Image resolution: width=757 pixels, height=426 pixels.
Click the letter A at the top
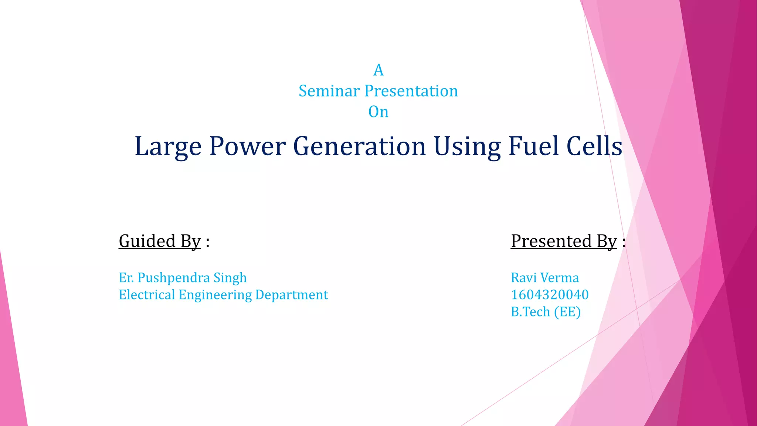[378, 70]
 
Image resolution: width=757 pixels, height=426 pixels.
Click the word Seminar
[329, 91]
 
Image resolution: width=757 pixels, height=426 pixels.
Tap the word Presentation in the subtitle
[411, 91]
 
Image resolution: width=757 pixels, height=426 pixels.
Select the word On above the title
[378, 112]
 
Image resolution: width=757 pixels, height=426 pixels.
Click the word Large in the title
[168, 146]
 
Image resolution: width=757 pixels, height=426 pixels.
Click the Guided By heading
[160, 241]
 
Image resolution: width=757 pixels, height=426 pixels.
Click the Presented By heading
[564, 241]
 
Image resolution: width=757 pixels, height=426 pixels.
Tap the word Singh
[230, 278]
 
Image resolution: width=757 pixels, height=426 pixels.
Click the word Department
[291, 295]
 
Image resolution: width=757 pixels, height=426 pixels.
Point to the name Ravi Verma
[544, 278]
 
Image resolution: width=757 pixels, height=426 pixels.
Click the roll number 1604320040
[549, 295]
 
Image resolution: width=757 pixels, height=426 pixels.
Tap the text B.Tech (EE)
[546, 312]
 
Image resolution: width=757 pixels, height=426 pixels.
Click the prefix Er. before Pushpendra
[126, 278]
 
